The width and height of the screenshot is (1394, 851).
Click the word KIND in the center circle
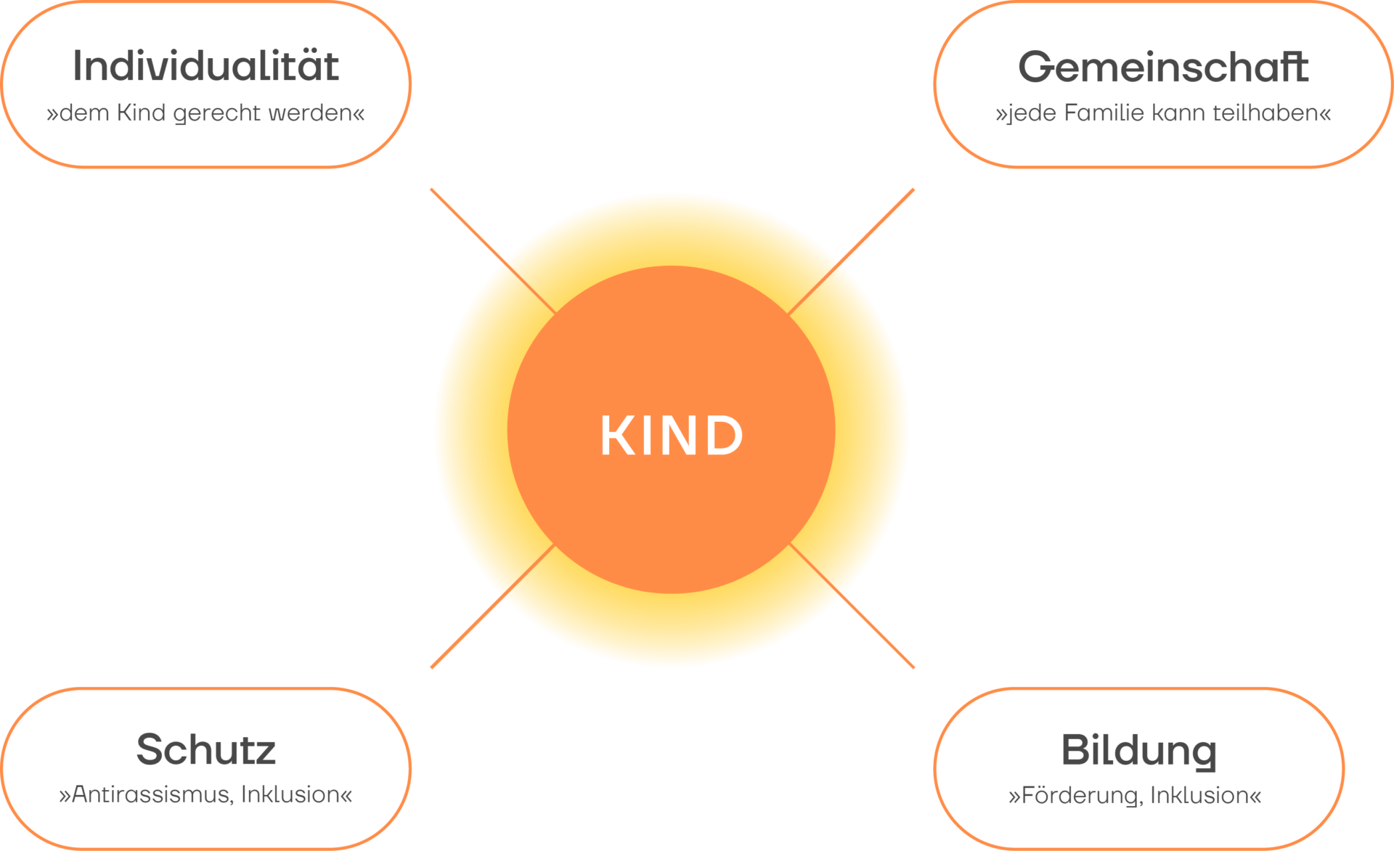tap(672, 436)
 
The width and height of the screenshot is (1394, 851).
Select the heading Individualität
tap(206, 66)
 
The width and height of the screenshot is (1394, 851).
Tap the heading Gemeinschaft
tap(1163, 67)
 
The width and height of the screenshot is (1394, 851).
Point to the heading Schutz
tap(206, 749)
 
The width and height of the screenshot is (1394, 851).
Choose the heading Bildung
tap(1138, 751)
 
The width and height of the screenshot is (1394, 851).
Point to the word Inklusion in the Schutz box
tap(290, 794)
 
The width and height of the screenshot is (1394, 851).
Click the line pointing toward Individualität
tap(494, 251)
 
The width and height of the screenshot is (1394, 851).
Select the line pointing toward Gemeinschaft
tap(851, 251)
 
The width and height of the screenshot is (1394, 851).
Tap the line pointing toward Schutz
tap(493, 606)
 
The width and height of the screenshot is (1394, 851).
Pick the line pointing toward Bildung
tap(852, 606)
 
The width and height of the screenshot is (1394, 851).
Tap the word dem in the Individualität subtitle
tap(84, 113)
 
